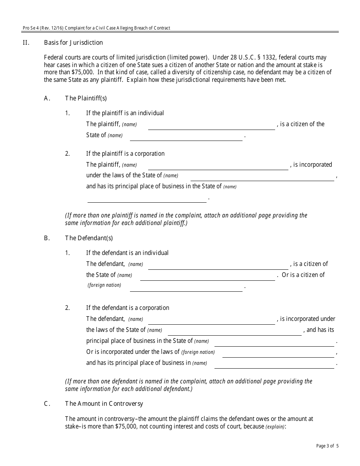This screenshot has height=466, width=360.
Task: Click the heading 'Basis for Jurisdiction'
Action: tap(73, 42)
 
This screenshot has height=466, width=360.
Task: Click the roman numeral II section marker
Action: tap(26, 42)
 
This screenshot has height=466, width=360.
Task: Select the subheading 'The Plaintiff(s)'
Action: tap(86, 99)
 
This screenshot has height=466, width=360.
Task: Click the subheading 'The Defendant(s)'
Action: tap(89, 238)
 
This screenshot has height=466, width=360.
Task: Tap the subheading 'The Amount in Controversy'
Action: tap(104, 403)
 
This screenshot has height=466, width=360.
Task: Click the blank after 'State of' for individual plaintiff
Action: tap(186, 137)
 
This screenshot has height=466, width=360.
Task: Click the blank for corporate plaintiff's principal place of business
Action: tap(147, 199)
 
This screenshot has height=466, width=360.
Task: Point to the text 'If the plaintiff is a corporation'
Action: tap(125, 154)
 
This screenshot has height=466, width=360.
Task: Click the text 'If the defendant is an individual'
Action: tap(127, 253)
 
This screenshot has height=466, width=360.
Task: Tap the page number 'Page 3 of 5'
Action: tap(327, 446)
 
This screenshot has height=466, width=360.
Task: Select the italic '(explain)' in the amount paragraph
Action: tap(275, 427)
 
